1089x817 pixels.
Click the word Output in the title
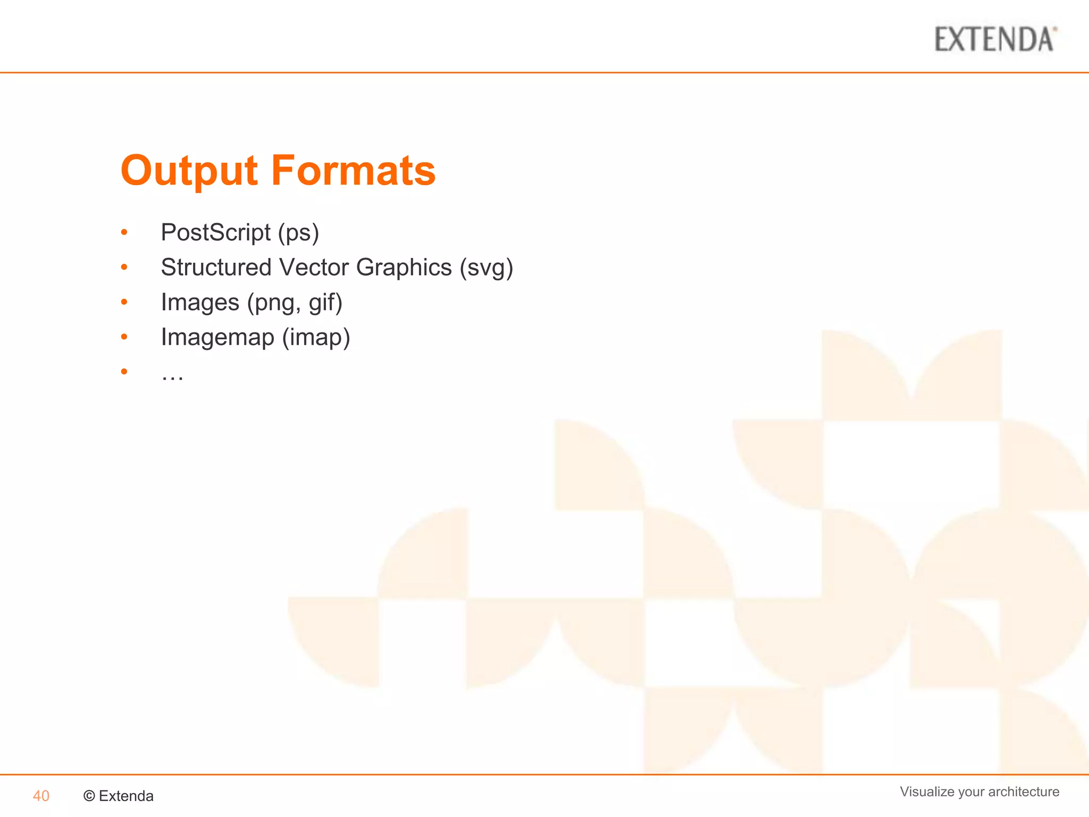[189, 171]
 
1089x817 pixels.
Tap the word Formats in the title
[354, 171]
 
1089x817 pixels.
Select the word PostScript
[215, 232]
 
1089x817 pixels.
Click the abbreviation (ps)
[298, 233]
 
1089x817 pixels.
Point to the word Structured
[216, 267]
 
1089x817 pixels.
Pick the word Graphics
[404, 268]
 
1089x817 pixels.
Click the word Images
[200, 303]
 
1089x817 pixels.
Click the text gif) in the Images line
[325, 303]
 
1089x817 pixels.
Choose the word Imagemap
[217, 337]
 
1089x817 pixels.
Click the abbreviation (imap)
[316, 337]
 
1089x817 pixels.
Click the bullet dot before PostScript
[124, 232]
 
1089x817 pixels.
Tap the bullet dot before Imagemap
[124, 337]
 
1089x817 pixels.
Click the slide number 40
[41, 796]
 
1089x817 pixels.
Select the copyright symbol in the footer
[89, 796]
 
